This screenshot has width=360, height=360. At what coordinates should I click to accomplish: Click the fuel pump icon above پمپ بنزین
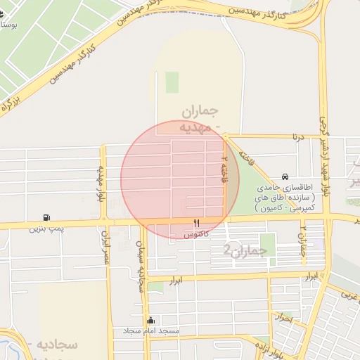[46, 217]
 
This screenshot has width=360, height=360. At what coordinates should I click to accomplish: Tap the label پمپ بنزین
[46, 229]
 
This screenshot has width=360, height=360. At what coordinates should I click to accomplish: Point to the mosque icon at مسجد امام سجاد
[150, 320]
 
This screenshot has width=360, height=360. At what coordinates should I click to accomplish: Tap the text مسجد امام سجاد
[151, 330]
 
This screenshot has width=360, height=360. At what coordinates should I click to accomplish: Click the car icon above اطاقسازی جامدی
[285, 176]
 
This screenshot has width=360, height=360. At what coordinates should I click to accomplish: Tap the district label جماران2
[245, 250]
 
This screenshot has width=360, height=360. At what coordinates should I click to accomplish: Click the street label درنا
[300, 136]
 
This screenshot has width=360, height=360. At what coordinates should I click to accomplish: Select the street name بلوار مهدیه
[102, 184]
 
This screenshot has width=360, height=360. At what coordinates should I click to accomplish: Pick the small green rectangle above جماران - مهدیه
[172, 82]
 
